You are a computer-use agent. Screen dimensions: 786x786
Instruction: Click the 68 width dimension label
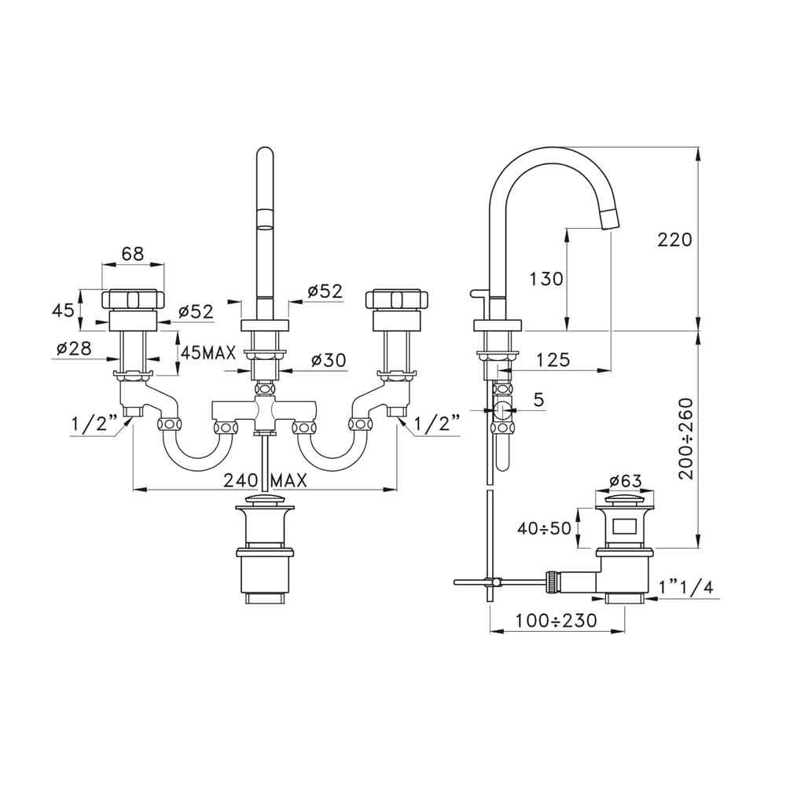[132, 253]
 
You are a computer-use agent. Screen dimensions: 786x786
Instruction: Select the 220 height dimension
[674, 240]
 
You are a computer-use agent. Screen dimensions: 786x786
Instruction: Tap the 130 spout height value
[546, 279]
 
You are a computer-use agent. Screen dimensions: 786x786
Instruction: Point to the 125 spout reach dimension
[553, 359]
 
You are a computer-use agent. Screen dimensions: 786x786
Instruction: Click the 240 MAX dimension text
[265, 481]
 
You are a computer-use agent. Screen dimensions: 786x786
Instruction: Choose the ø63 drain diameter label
[625, 481]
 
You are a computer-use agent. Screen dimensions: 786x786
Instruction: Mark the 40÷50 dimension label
[545, 528]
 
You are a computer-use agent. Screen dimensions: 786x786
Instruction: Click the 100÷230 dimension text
[557, 621]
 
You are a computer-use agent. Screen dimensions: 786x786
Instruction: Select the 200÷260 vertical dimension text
[686, 439]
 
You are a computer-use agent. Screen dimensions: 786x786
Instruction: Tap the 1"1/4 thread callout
[686, 586]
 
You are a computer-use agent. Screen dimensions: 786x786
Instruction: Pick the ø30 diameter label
[329, 359]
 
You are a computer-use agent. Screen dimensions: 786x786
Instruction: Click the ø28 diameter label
[74, 348]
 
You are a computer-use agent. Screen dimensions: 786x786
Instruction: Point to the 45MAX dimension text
[208, 353]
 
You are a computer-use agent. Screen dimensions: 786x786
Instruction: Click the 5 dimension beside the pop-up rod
[539, 399]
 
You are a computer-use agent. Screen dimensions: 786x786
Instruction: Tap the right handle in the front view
[397, 309]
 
